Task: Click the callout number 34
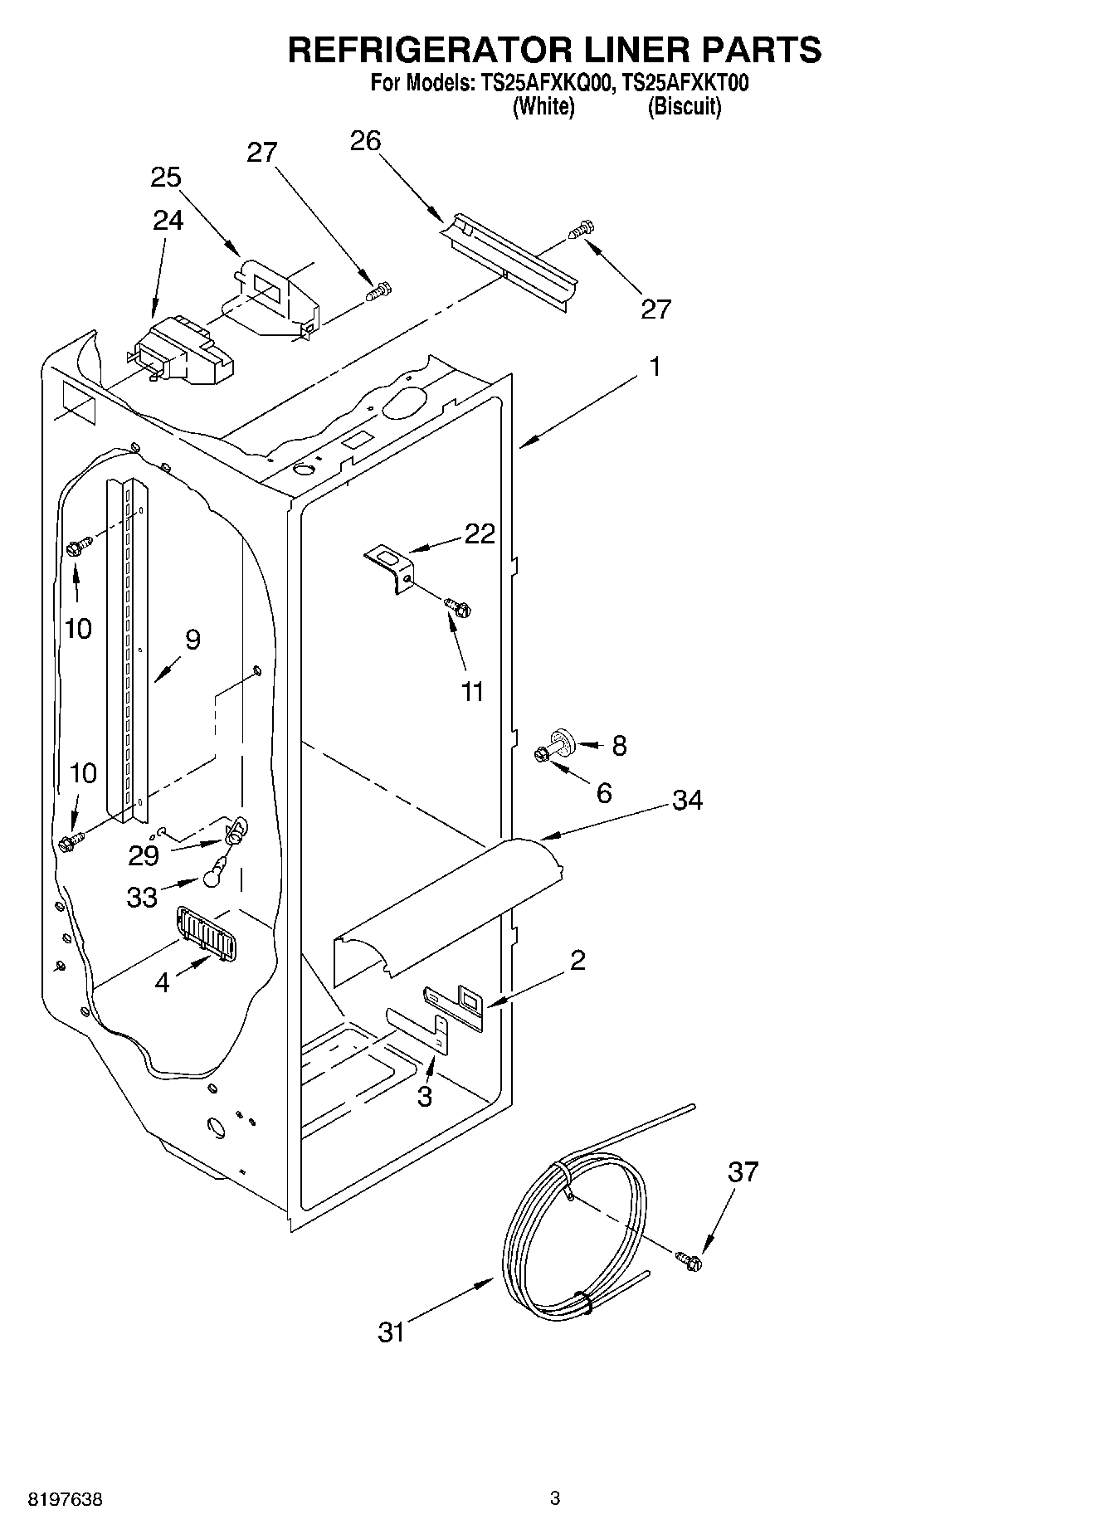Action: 687,800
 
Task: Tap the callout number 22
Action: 479,533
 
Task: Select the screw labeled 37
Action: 689,1260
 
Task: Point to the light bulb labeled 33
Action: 212,871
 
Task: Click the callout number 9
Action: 192,640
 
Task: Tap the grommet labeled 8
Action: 563,738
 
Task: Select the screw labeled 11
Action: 458,606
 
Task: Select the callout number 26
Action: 365,141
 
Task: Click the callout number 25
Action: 166,178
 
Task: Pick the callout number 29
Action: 144,855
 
